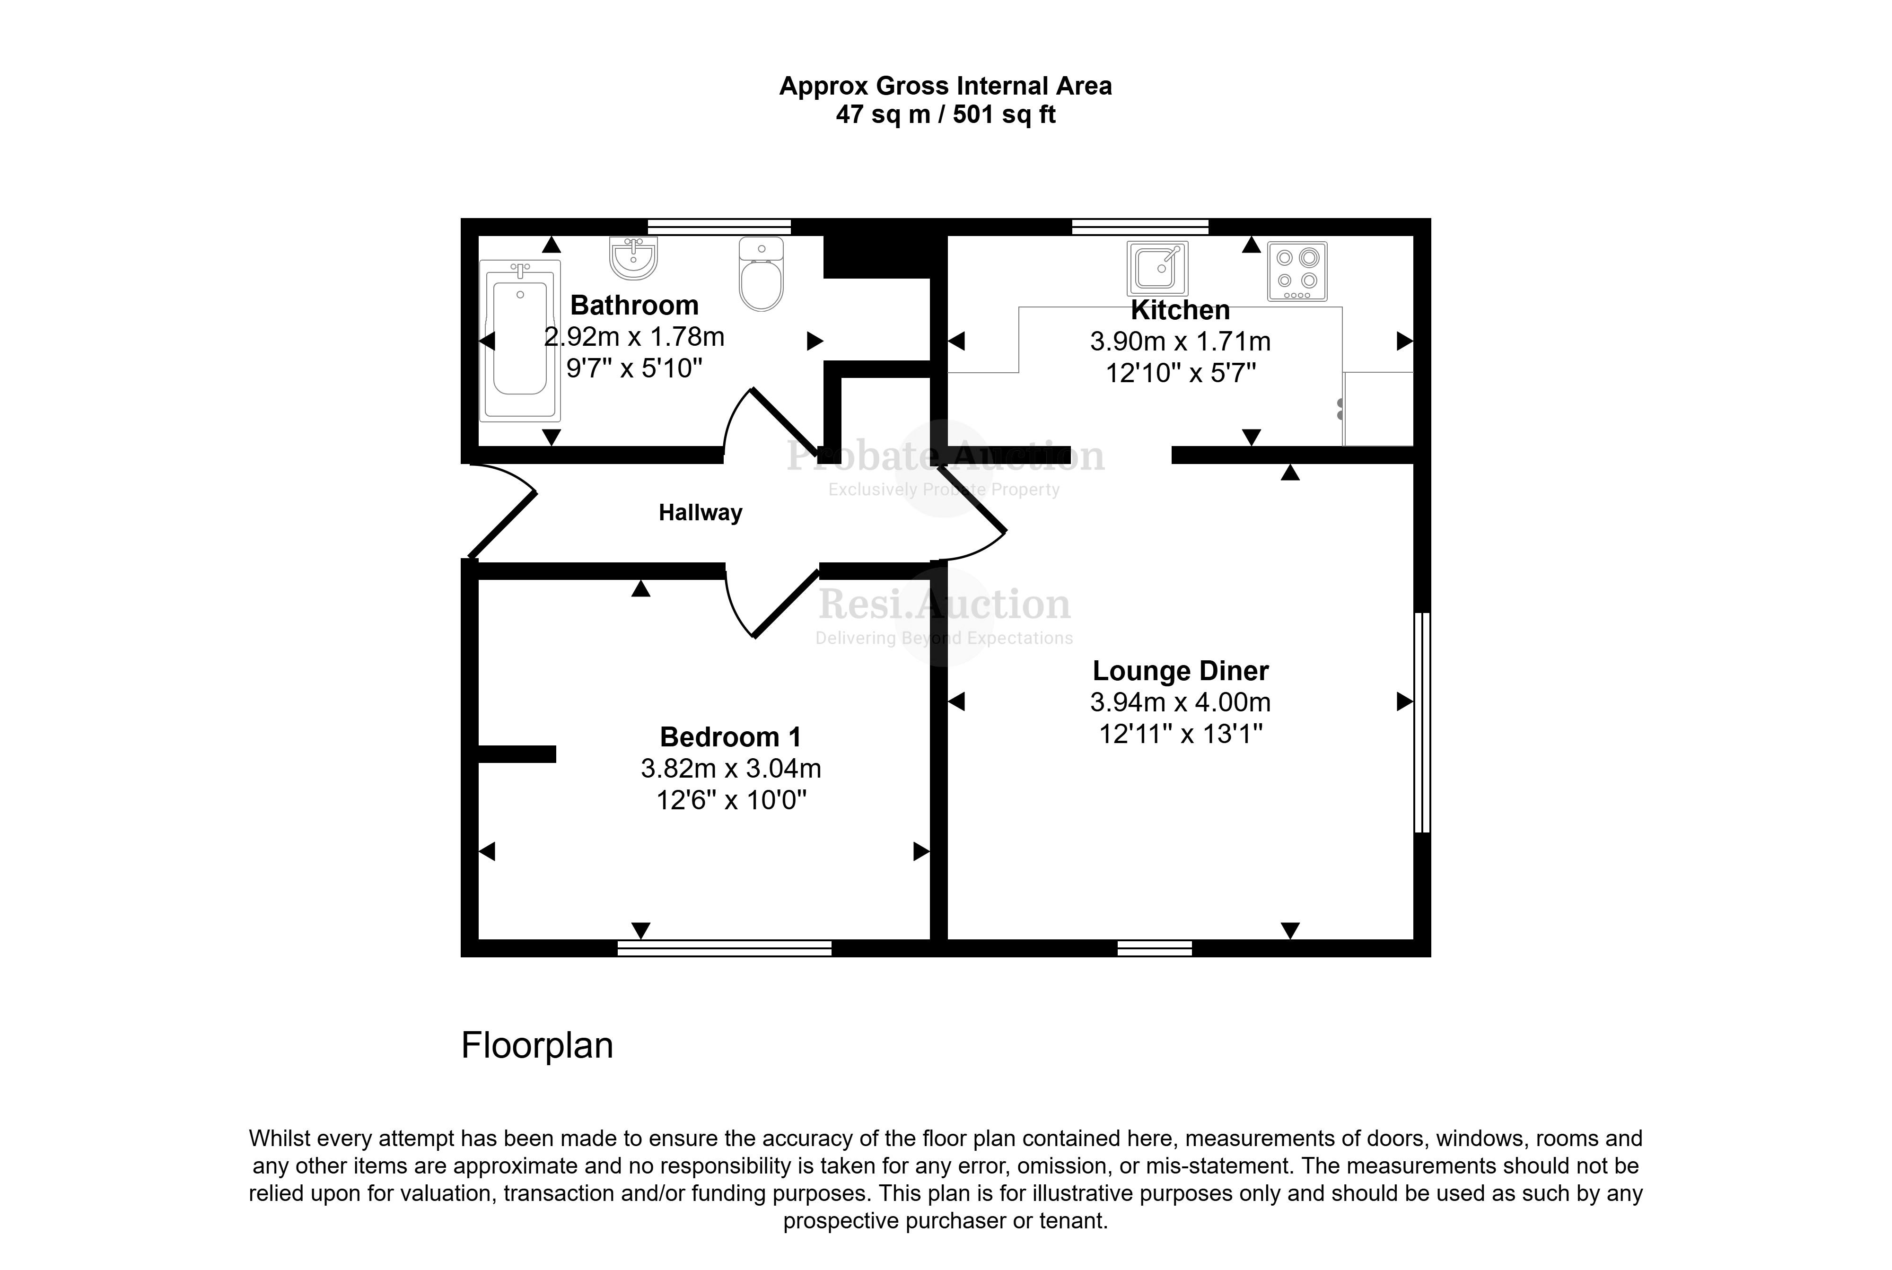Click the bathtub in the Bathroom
pyautogui.click(x=519, y=340)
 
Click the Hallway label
pyautogui.click(x=700, y=513)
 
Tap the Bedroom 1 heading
pyautogui.click(x=730, y=737)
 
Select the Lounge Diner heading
pyautogui.click(x=1180, y=671)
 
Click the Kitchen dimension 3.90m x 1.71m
pyautogui.click(x=1180, y=342)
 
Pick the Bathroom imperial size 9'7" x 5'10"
pyautogui.click(x=633, y=368)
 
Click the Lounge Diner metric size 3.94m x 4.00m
pyautogui.click(x=1180, y=702)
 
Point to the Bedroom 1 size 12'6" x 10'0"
pyautogui.click(x=731, y=800)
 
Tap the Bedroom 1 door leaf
pyautogui.click(x=786, y=604)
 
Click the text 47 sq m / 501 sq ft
pyautogui.click(x=945, y=115)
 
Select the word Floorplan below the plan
pyautogui.click(x=537, y=1046)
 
